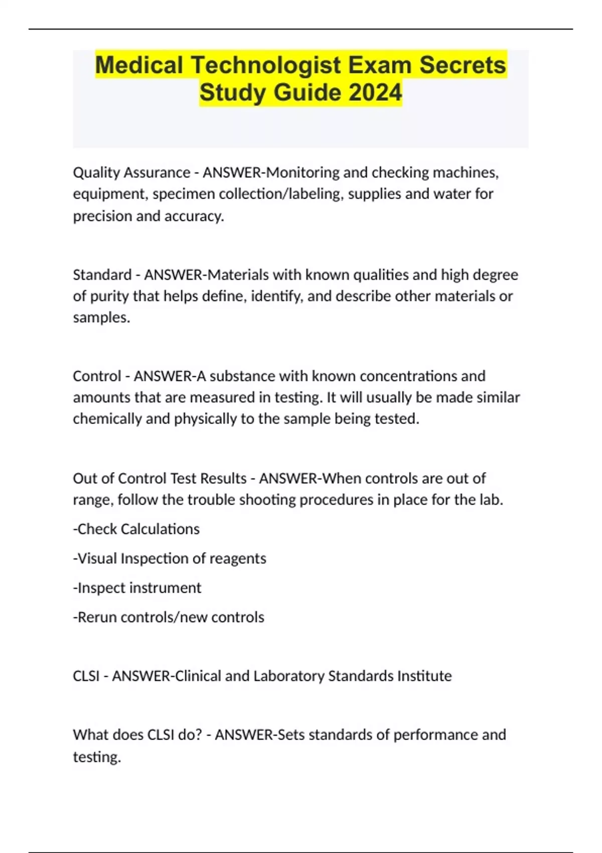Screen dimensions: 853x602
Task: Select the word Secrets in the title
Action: click(463, 65)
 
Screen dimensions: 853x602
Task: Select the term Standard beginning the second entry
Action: click(102, 275)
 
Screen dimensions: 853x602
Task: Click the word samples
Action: click(101, 318)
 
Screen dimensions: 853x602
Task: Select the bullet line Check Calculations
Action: click(136, 529)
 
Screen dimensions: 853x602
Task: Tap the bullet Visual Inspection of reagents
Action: click(170, 558)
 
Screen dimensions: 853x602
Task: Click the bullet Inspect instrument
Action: click(137, 588)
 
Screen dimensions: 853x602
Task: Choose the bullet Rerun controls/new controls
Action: click(169, 617)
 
